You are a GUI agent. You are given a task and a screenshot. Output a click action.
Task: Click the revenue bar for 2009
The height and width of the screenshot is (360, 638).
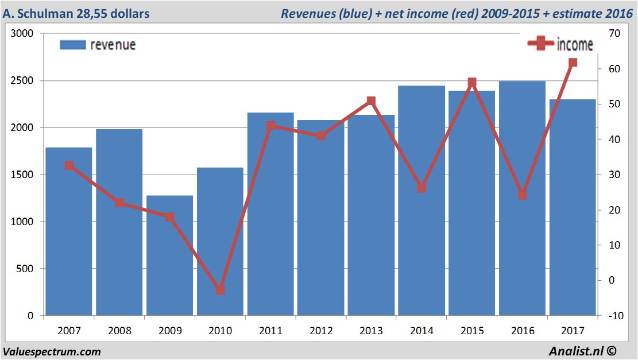tap(169, 256)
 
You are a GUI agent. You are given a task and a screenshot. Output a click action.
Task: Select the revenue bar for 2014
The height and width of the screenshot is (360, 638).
tap(422, 201)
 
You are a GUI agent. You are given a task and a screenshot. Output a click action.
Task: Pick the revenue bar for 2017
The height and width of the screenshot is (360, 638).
tap(573, 207)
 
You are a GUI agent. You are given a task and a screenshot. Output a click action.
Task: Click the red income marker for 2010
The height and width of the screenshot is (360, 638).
tap(221, 290)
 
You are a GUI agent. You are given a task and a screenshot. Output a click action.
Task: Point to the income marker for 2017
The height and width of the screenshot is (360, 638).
tap(573, 63)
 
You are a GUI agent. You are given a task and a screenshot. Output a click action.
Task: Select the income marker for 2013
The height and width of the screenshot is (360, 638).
tap(371, 101)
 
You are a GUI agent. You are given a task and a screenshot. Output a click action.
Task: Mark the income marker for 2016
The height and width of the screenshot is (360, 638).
tap(522, 195)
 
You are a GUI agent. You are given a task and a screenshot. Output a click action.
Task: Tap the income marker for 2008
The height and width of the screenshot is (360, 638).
tap(119, 203)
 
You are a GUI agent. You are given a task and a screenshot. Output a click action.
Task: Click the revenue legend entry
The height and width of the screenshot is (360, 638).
tap(98, 45)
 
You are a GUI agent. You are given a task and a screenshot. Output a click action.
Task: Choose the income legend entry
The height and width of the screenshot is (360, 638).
tap(560, 45)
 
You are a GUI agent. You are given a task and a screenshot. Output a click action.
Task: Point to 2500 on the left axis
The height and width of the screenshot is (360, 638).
tap(22, 81)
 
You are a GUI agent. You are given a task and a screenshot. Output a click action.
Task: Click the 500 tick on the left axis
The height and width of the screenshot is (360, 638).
tap(24, 269)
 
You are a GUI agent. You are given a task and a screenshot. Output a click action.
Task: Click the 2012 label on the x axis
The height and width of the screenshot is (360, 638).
tap(321, 331)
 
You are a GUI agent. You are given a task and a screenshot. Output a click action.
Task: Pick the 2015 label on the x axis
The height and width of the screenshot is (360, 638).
tap(472, 331)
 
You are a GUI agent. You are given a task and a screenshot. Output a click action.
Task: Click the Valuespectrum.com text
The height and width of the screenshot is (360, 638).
tap(52, 351)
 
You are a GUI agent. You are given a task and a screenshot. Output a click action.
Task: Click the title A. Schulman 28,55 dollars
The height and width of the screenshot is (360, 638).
tap(76, 13)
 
